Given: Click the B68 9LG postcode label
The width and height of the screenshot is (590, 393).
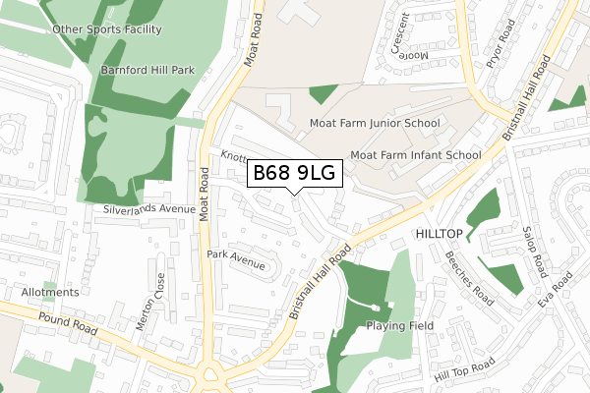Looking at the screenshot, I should [x=295, y=174].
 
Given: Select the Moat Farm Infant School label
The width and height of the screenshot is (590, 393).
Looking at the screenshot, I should [x=416, y=154].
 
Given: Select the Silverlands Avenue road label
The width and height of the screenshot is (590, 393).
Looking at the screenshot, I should [x=148, y=209].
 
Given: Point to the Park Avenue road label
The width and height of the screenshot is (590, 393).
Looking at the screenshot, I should [x=237, y=253].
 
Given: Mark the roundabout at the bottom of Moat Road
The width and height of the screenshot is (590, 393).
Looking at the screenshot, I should [x=210, y=375].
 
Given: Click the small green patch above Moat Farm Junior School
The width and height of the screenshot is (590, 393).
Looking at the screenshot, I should [x=323, y=94].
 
